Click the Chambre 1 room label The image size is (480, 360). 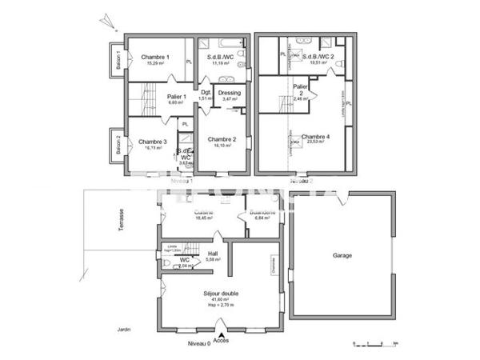coord(155,57)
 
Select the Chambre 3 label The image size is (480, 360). coord(154,142)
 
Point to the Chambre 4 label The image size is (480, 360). coord(315,137)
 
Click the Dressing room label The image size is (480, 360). coord(230,93)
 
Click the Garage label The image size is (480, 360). coord(342,256)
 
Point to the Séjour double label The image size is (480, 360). coord(221,293)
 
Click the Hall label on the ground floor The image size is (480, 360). coord(212,254)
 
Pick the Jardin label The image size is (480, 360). coord(122,329)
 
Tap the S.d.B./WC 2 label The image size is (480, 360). coord(318,57)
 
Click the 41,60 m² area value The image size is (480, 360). coord(221,299)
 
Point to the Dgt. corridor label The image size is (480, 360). coord(206,92)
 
